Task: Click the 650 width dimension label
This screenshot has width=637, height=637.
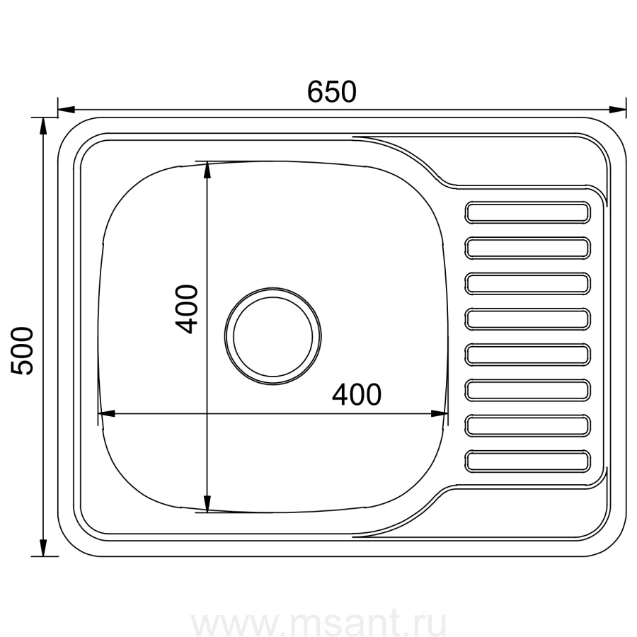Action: [x=331, y=92]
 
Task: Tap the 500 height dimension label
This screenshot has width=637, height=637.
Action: [x=22, y=351]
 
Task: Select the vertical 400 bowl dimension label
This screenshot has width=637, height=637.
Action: [x=186, y=309]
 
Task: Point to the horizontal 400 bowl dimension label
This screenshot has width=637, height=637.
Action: [x=357, y=394]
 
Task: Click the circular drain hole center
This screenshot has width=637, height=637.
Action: [x=272, y=336]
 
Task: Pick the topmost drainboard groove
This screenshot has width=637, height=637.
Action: [x=527, y=212]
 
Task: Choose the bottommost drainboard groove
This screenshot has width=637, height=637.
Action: [x=527, y=461]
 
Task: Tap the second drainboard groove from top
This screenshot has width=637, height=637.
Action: [x=527, y=248]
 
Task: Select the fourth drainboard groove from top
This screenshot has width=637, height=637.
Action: [x=527, y=319]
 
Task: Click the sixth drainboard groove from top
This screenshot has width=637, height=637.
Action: [x=527, y=390]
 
